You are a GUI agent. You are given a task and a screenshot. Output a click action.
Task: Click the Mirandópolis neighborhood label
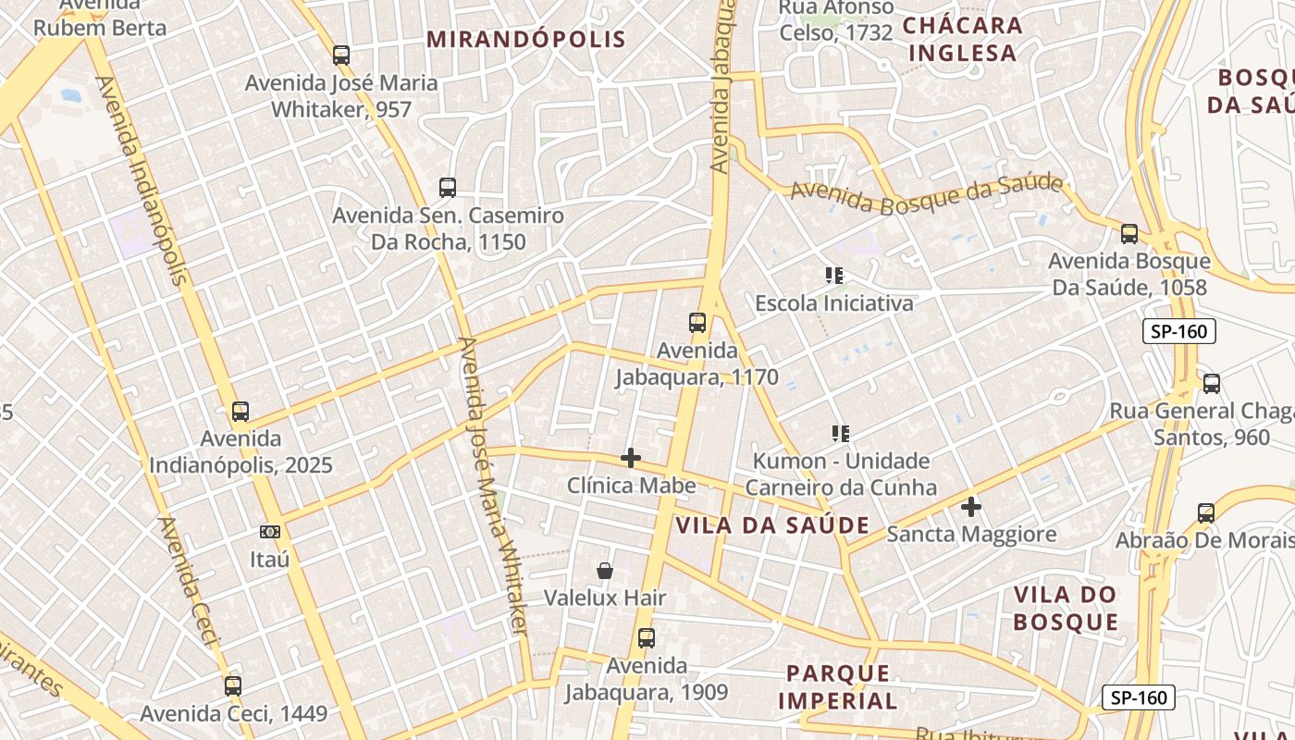pyautogui.click(x=526, y=39)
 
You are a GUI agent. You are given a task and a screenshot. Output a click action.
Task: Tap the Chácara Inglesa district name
pyautogui.click(x=962, y=39)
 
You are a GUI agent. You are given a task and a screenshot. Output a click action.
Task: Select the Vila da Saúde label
pyautogui.click(x=772, y=525)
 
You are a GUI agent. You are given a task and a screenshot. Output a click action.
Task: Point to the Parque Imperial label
pyautogui.click(x=838, y=686)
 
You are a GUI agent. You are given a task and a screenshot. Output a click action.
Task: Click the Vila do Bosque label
pyautogui.click(x=1066, y=608)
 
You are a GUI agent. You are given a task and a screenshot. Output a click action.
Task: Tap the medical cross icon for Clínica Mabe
pyautogui.click(x=631, y=458)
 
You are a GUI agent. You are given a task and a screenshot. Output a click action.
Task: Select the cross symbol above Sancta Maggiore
pyautogui.click(x=970, y=506)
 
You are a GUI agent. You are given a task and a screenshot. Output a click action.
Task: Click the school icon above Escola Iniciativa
pyautogui.click(x=834, y=275)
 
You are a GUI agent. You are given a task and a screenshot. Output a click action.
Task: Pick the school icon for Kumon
pyautogui.click(x=840, y=433)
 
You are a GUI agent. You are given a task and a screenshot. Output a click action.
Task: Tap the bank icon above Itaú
pyautogui.click(x=270, y=531)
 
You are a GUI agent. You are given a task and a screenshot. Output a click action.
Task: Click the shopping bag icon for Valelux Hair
pyautogui.click(x=605, y=571)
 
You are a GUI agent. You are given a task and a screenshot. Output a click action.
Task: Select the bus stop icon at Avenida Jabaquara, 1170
pyautogui.click(x=697, y=323)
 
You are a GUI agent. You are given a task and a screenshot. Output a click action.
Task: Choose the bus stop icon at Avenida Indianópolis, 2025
pyautogui.click(x=240, y=411)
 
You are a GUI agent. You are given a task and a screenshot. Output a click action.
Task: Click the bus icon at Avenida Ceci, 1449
pyautogui.click(x=233, y=685)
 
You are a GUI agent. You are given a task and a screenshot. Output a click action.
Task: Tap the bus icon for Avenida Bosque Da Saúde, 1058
pyautogui.click(x=1128, y=234)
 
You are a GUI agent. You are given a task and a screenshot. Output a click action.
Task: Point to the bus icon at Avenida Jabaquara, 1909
pyautogui.click(x=646, y=637)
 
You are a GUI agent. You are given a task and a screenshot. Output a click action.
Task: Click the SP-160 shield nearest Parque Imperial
pyautogui.click(x=1139, y=697)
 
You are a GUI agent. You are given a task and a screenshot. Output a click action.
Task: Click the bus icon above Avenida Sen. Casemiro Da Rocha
pyautogui.click(x=448, y=188)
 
